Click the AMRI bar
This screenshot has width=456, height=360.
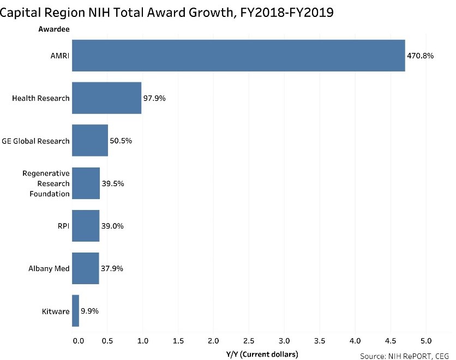click(x=238, y=56)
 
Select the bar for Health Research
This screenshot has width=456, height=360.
click(x=106, y=98)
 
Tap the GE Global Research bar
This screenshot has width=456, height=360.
click(x=90, y=141)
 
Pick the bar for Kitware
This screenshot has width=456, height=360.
click(x=76, y=311)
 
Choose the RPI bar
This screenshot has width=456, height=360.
click(x=86, y=226)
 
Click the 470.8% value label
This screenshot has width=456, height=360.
click(x=420, y=56)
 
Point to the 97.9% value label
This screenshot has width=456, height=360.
click(x=154, y=98)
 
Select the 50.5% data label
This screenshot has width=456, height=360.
click(x=121, y=141)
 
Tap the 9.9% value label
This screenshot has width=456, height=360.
click(x=89, y=311)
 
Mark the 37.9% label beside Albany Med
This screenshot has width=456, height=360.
click(x=112, y=268)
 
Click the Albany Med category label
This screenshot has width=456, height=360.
click(x=49, y=268)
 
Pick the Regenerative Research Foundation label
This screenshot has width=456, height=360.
click(x=46, y=183)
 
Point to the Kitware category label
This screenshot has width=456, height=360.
click(x=56, y=311)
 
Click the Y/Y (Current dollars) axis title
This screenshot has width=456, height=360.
click(x=262, y=355)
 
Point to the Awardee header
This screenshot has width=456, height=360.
click(x=53, y=29)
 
